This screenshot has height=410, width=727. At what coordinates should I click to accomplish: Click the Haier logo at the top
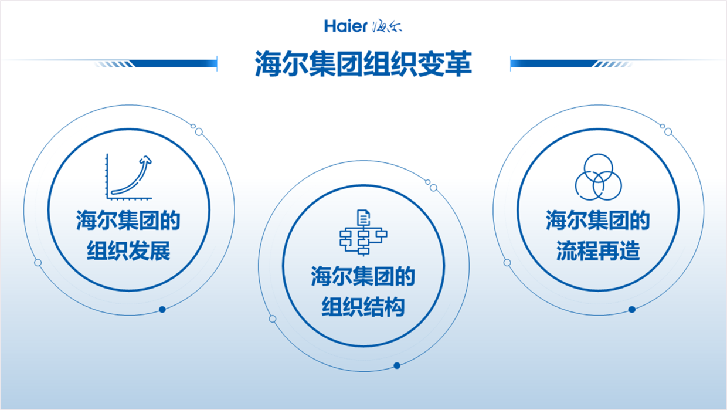coord(363,26)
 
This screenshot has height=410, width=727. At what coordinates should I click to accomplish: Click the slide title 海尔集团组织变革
coord(363,63)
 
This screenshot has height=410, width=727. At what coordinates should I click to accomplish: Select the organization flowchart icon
coord(363,233)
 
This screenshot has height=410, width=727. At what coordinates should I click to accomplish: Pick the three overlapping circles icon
coord(598,177)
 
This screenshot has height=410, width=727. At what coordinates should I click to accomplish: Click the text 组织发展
coord(128,251)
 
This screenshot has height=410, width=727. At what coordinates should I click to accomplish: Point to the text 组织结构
coord(363,307)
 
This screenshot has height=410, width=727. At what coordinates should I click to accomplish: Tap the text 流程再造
coord(598,251)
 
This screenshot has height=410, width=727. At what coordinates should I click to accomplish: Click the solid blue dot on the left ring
coord(162,309)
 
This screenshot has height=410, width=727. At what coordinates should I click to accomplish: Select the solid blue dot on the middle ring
coord(396,365)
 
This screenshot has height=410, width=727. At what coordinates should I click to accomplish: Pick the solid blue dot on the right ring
coord(631,309)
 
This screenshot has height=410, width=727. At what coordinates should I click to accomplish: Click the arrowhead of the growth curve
coord(146,160)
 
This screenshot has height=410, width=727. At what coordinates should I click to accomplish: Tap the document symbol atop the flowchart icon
coord(363,217)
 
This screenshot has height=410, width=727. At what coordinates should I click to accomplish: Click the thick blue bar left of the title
coord(174,63)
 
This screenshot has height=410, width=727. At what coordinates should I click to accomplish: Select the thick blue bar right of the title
coord(553,63)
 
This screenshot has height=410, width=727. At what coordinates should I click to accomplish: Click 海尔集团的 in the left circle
coord(128,221)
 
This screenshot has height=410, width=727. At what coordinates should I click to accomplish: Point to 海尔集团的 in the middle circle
coord(363,276)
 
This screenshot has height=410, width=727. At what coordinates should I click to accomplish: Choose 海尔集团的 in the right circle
coord(598,221)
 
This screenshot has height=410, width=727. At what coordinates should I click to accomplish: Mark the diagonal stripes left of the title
coord(114,64)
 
